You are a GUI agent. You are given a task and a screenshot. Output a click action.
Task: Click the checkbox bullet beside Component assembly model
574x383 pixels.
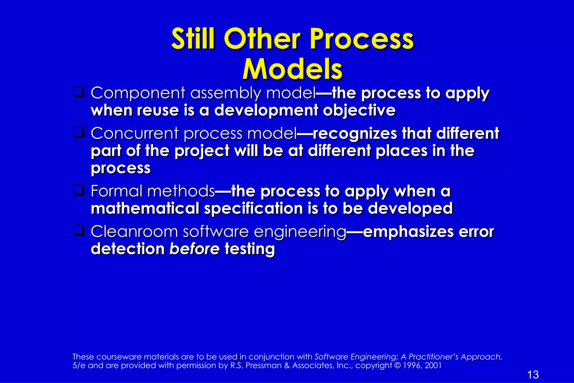tap(78, 92)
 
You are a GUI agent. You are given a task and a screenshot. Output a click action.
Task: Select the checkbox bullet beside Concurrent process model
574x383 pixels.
tap(78, 132)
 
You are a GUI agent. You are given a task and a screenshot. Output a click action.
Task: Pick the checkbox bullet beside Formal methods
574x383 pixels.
tap(78, 190)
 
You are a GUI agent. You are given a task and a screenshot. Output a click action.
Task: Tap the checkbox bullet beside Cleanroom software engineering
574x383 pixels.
tap(78, 230)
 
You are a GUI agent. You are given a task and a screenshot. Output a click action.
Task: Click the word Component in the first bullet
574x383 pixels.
tap(138, 93)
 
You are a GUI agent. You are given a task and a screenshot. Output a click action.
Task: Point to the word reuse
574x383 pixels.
tap(158, 110)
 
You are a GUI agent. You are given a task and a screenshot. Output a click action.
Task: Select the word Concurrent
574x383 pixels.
tap(135, 133)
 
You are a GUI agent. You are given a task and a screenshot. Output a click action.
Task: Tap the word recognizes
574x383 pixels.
tap(355, 134)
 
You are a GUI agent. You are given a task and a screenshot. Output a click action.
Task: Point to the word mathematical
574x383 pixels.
tap(145, 208)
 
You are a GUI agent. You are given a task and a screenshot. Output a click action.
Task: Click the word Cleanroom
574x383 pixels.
tap(134, 232)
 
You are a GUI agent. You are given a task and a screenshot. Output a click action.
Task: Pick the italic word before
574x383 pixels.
tap(194, 249)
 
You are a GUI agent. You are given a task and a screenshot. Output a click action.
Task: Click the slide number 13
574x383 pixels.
tap(533, 375)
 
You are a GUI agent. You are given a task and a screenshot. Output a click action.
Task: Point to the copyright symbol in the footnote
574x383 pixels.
tap(397, 365)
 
